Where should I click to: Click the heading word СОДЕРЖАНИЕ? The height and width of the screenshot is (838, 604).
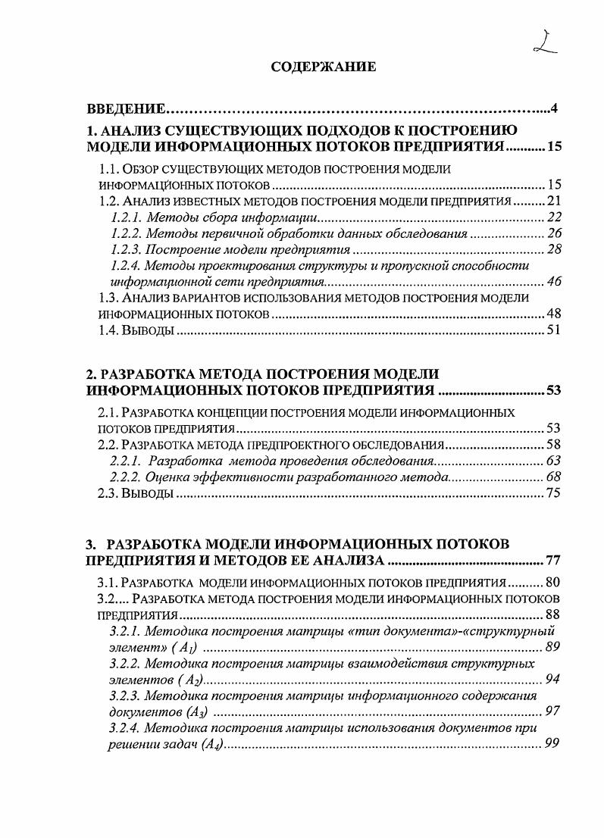pyautogui.click(x=323, y=67)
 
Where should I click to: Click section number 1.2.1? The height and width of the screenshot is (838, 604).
pyautogui.click(x=124, y=217)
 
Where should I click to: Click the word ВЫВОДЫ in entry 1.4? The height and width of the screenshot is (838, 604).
pyautogui.click(x=150, y=330)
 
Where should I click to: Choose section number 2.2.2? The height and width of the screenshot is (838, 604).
pyautogui.click(x=124, y=477)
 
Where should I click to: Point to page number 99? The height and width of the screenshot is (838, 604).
pyautogui.click(x=552, y=745)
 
